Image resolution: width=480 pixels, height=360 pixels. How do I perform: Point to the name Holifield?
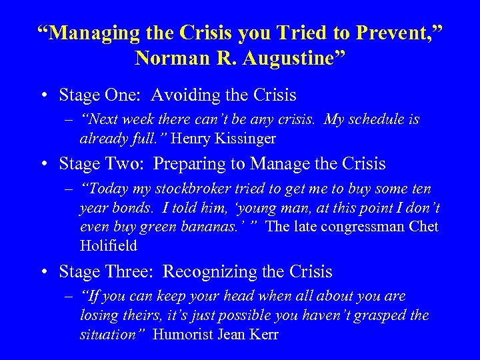click(108, 245)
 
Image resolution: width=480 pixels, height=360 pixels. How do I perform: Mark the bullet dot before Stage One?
click(43, 96)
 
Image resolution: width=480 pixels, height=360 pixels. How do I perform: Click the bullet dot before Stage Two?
click(43, 164)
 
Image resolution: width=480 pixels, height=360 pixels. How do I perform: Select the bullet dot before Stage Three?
click(43, 273)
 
